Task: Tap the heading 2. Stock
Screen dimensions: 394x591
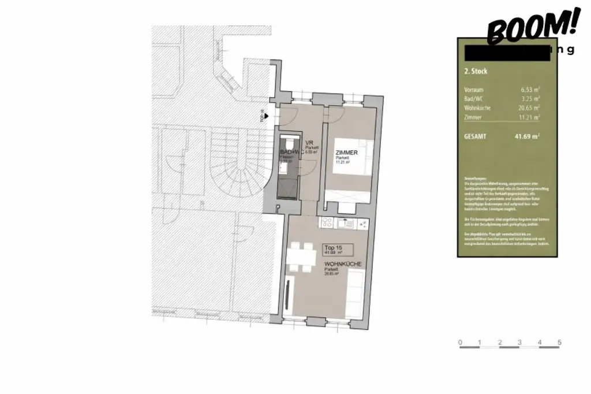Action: point(476,72)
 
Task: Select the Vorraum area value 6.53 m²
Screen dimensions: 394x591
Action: point(530,90)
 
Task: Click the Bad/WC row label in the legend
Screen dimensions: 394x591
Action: point(473,99)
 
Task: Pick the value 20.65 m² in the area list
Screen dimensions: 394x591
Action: point(529,108)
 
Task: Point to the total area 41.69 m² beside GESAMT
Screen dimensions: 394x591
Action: point(526,136)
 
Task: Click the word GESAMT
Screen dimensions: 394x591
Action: point(475,136)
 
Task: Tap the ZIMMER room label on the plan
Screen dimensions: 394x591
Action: point(346,153)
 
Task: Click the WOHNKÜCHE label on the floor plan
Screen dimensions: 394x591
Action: point(343,265)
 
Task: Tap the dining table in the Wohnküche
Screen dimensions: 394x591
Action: point(299,254)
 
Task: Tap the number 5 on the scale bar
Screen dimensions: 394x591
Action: point(559,343)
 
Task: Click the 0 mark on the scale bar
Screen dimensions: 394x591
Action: point(460,343)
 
